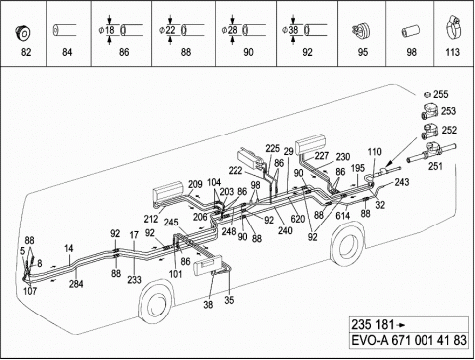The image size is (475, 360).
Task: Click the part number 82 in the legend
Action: coord(26,52)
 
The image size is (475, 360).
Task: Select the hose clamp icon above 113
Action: coord(452,29)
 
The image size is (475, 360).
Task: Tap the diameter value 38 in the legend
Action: coord(293,30)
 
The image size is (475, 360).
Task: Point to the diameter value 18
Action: coord(110,30)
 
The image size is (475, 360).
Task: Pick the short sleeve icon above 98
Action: coord(411,32)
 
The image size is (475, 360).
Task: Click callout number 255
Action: coord(441,94)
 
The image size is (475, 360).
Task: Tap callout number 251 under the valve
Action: coord(435,166)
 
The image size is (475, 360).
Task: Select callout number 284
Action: coord(76,284)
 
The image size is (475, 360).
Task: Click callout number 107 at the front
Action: coord(30,291)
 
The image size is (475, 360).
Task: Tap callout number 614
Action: coord(343,216)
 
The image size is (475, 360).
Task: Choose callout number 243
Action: coord(402,182)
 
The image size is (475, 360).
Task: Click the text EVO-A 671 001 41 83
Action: coord(410,340)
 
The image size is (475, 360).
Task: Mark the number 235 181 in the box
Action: coord(373,325)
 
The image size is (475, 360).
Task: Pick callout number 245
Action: coord(171,223)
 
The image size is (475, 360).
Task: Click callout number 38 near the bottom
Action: coord(208,304)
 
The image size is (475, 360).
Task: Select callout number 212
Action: coord(151,219)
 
